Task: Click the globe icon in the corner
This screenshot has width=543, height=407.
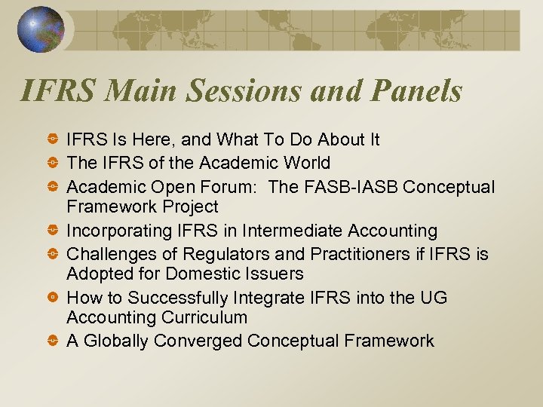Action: (40, 29)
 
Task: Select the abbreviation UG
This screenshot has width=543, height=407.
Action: (433, 298)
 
